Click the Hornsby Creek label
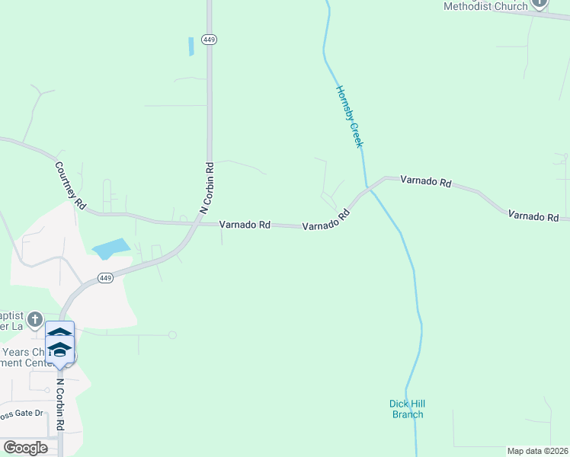coord(350,117)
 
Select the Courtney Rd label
coord(69,186)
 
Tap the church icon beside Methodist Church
coord(539,3)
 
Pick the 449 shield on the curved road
coord(105,278)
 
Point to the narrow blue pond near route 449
coord(191,46)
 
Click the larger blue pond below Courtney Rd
coord(111,248)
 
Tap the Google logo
coord(25,448)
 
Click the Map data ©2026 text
coord(537,451)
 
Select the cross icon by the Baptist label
coord(35,318)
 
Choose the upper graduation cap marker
coord(59,333)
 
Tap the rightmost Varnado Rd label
coord(533,216)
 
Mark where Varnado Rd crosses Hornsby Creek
coord(368,187)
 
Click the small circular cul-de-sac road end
coord(173,334)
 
